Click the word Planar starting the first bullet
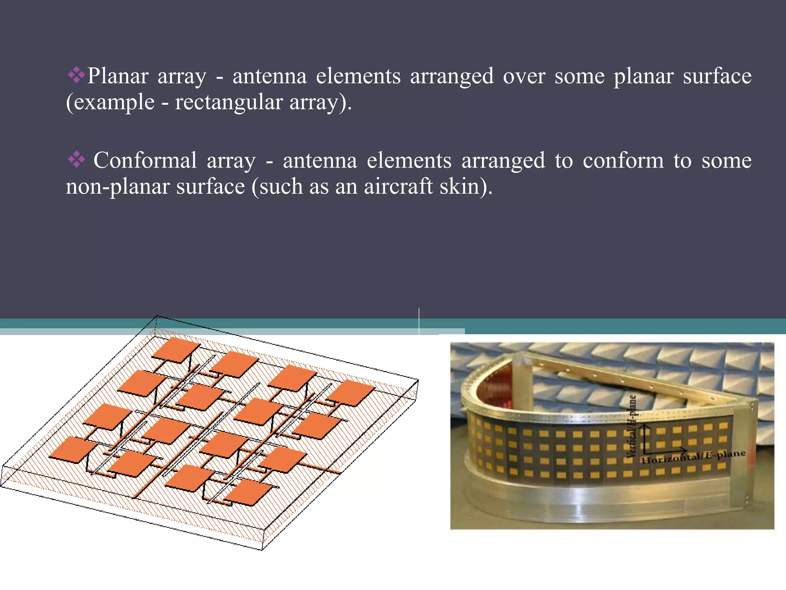(x=117, y=76)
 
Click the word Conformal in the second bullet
(x=145, y=160)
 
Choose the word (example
(x=110, y=103)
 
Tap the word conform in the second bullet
(x=623, y=160)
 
